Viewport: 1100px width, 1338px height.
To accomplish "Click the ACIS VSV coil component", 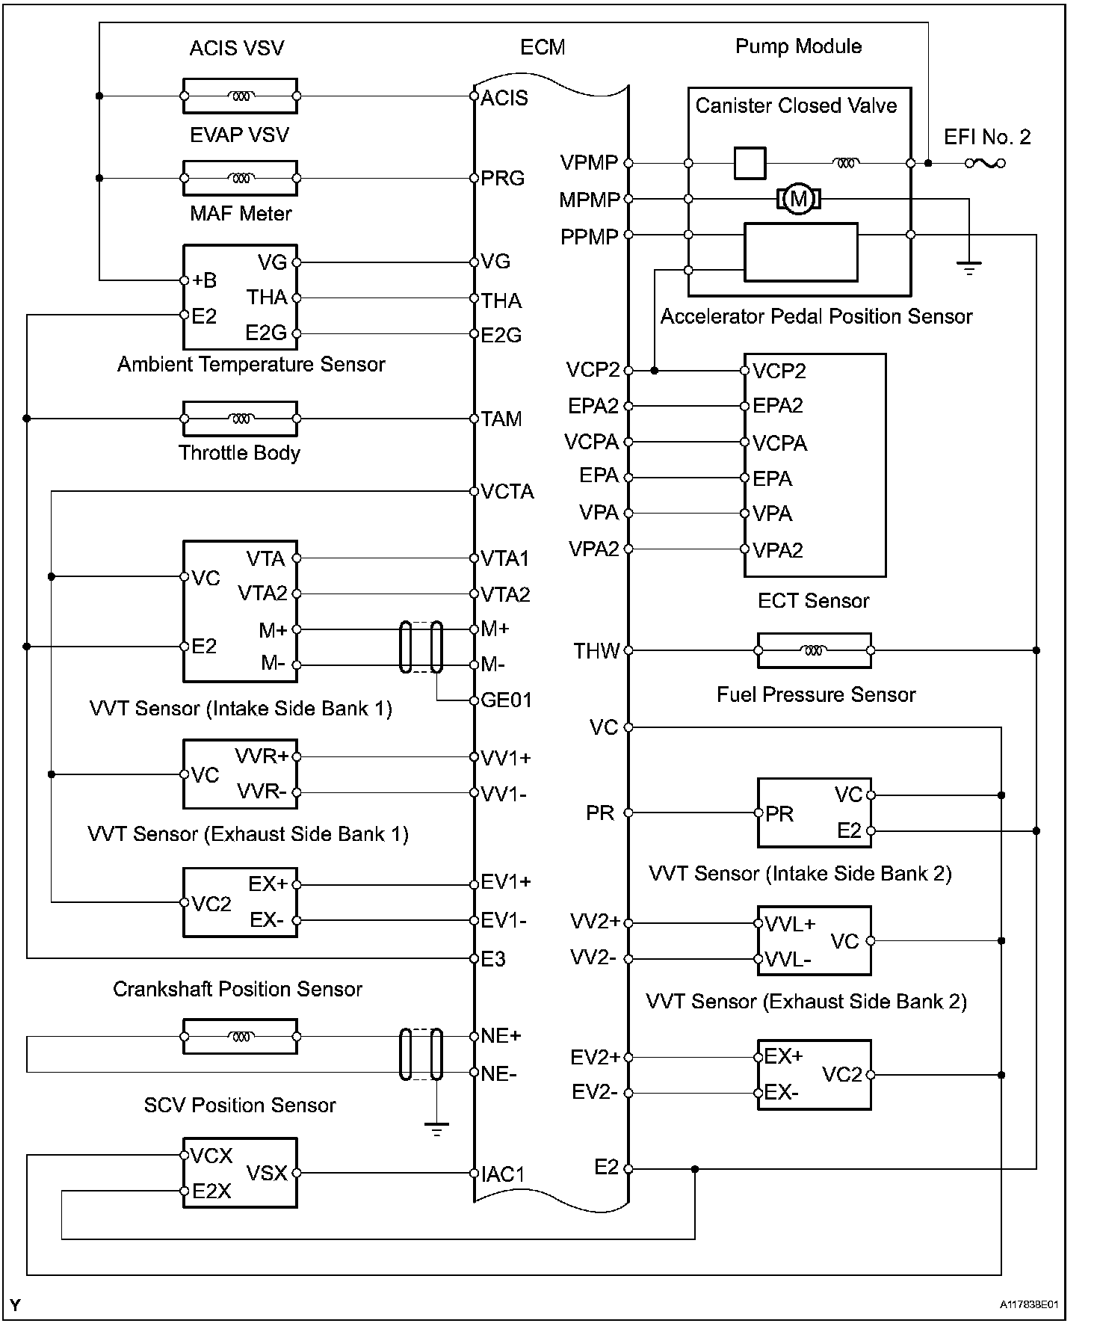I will point(240,96).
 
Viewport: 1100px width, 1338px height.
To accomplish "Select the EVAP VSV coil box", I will point(240,178).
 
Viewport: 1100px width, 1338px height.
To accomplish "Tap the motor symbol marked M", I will point(799,199).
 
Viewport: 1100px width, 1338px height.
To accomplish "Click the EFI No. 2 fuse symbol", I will point(985,163).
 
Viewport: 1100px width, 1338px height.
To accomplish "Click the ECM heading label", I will point(543,47).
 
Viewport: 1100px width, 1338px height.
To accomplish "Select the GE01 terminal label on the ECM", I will point(506,700).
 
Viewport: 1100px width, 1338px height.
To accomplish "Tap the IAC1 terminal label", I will point(503,1174).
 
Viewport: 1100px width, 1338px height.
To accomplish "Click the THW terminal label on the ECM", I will point(596,651).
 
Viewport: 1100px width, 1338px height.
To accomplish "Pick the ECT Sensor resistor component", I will point(814,650).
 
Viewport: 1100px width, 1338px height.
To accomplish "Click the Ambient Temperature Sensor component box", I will point(240,419).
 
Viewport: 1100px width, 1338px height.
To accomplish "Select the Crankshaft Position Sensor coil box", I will point(240,1037).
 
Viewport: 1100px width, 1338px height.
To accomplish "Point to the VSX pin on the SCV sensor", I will point(267,1173).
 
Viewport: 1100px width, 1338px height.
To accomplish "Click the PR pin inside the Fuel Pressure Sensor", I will point(779,814).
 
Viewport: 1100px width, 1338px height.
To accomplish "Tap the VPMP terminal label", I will point(589,162).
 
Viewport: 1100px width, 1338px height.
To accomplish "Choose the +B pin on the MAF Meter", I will point(204,280).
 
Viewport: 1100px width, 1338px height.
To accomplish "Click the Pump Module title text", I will point(798,46).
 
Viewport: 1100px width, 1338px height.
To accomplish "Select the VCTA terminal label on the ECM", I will point(507,492).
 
